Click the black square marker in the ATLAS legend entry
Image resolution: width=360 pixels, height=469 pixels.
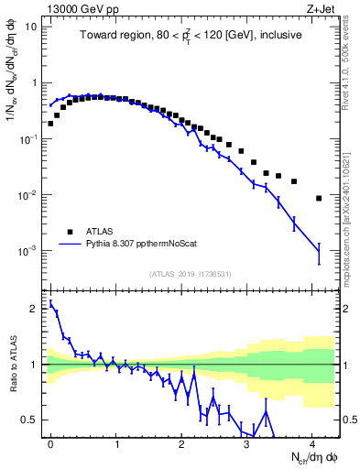pyautogui.click(x=69, y=232)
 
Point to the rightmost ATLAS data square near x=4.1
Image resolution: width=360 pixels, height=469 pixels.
pyautogui.click(x=319, y=198)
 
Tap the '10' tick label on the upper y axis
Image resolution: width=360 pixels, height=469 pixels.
pyautogui.click(x=30, y=26)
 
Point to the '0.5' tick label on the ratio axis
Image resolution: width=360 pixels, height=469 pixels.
pyautogui.click(x=29, y=420)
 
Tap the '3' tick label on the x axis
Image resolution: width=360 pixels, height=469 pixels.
pyautogui.click(x=247, y=442)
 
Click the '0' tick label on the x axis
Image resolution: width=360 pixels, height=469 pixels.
pyautogui.click(x=51, y=442)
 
